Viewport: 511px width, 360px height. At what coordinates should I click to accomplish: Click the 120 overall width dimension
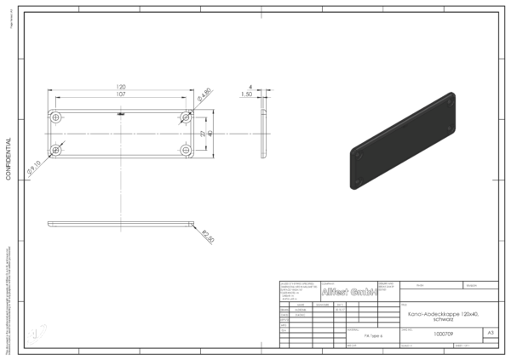[121, 87]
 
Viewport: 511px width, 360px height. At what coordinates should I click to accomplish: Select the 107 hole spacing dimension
[121, 94]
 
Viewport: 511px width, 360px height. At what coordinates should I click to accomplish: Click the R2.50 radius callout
[205, 235]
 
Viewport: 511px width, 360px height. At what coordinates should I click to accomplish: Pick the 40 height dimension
[210, 134]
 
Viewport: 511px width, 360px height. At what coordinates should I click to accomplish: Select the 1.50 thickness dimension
[248, 94]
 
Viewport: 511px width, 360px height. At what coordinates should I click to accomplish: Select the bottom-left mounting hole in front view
[55, 151]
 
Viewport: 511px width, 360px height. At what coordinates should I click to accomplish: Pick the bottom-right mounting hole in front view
[187, 151]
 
